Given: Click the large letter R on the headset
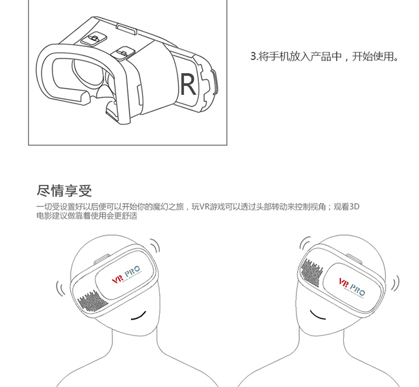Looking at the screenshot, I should point(188,84).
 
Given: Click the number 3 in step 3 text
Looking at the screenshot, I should point(253,57).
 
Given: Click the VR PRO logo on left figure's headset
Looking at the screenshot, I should point(125,276).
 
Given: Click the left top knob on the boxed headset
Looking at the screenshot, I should point(93,39).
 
